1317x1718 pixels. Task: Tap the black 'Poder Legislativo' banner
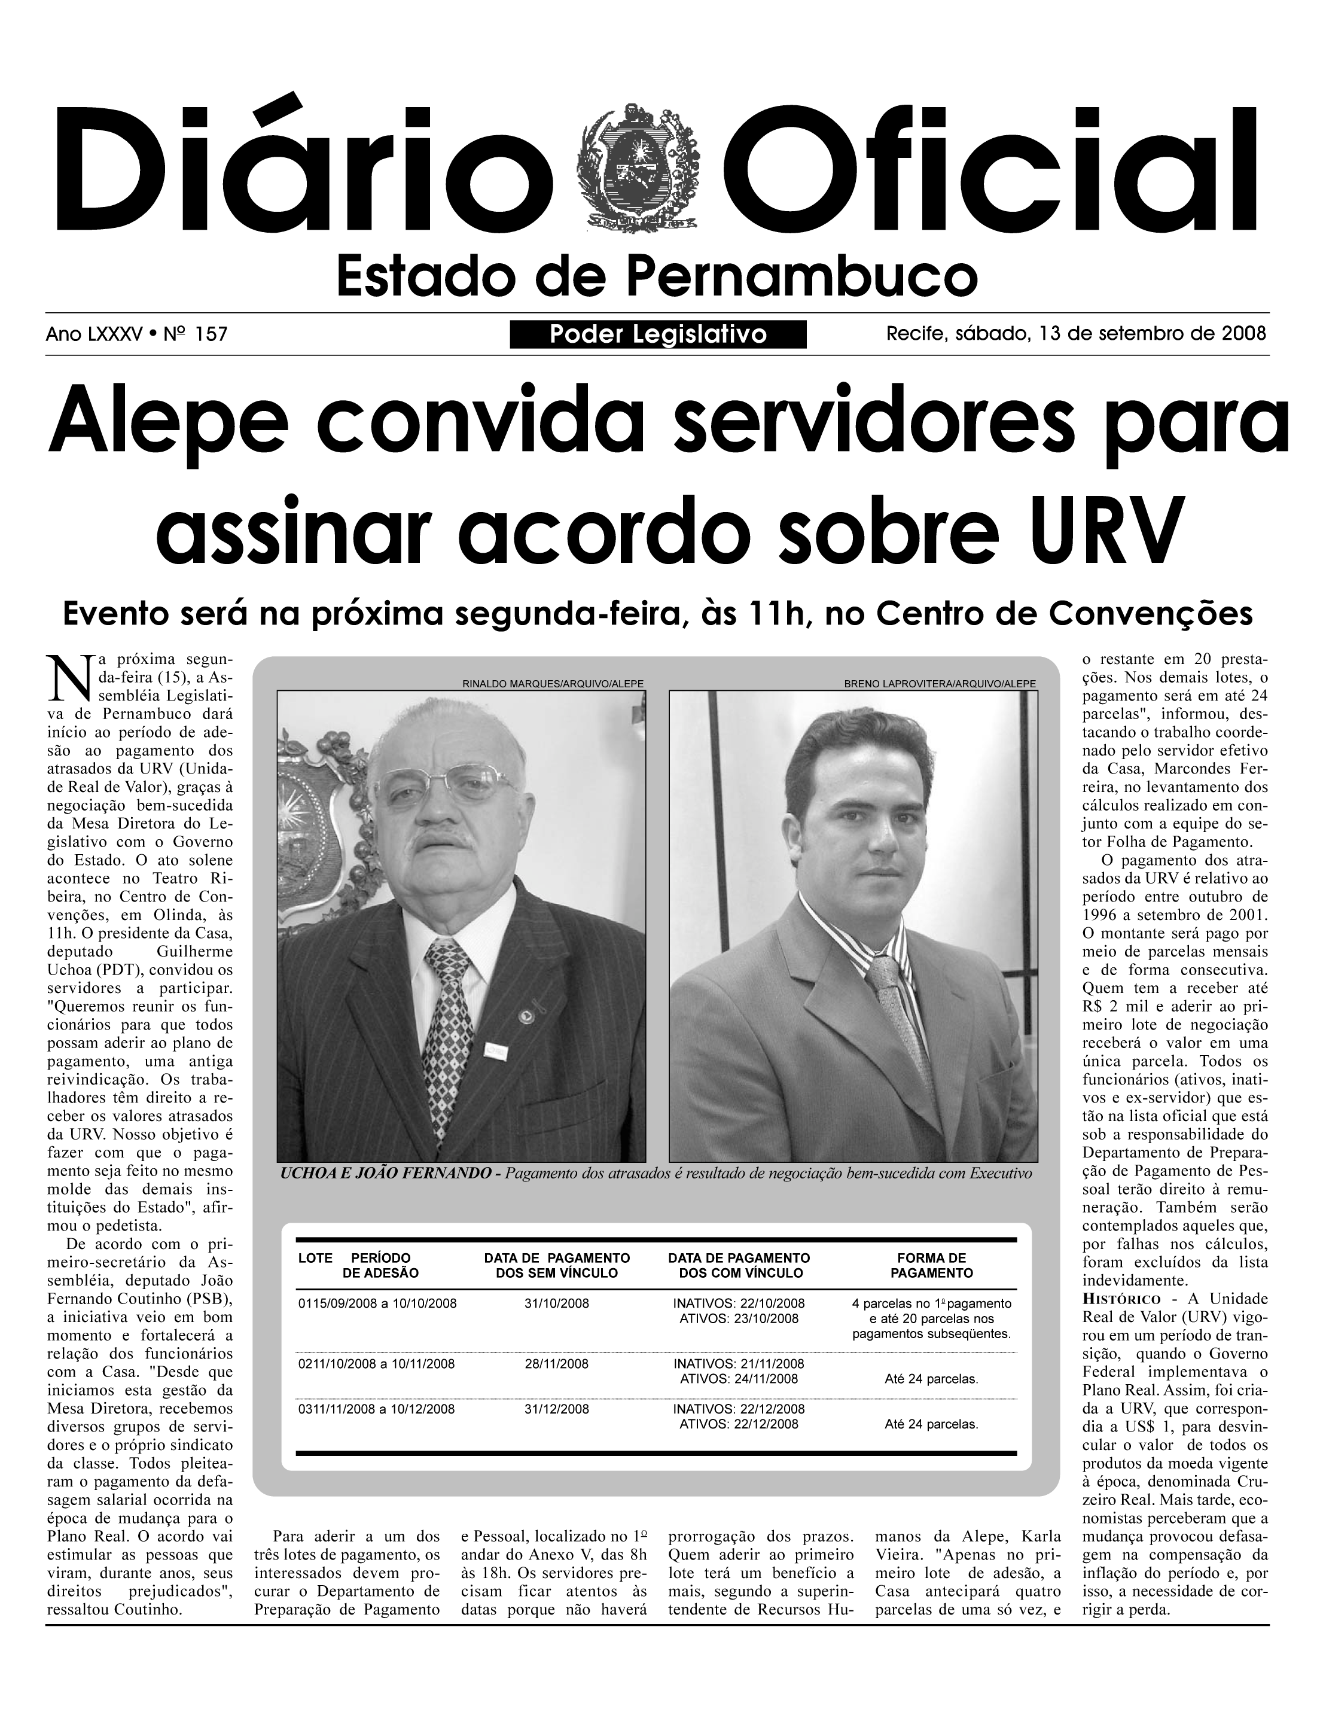point(658,335)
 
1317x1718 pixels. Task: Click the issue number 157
point(210,335)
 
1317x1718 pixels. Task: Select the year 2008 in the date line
point(1244,334)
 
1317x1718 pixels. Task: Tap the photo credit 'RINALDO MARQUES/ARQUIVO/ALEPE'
point(553,684)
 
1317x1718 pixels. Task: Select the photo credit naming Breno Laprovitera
point(939,684)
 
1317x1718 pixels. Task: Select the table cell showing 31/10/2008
point(557,1304)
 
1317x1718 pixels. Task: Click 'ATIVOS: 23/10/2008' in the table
point(739,1319)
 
